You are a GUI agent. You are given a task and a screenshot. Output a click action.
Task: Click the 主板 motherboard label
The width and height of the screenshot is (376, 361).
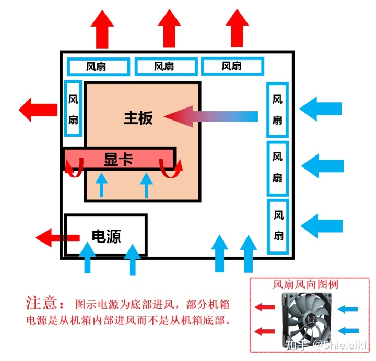[x=138, y=118]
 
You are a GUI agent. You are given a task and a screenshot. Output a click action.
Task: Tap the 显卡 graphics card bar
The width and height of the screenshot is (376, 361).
[x=119, y=159]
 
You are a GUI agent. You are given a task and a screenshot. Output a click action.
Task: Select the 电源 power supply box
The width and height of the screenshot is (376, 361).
[x=105, y=236]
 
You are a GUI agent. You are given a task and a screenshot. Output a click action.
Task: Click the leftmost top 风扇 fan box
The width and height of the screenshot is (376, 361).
[x=98, y=66]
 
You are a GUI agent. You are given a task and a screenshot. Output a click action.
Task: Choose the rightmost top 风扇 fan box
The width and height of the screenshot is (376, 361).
[x=232, y=66]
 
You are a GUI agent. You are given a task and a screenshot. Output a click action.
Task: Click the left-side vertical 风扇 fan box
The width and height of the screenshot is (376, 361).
[x=73, y=109]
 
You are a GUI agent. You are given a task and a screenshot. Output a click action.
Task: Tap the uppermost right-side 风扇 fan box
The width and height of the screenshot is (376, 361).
[x=277, y=110]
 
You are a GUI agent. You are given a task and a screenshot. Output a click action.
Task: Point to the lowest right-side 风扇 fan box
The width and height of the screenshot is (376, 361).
[x=278, y=226]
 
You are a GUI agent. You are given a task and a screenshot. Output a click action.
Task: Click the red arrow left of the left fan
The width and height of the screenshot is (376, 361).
[x=38, y=110]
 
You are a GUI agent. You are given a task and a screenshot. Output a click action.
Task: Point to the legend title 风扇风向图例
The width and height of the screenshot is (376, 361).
[x=305, y=285]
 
